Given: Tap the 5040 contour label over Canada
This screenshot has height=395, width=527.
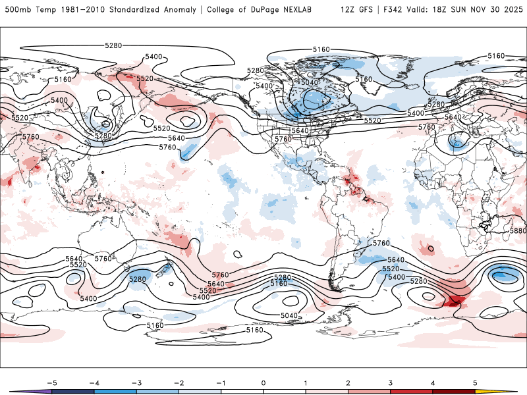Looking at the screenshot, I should [310, 82].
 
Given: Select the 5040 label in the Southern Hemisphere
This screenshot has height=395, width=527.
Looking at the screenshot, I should [289, 315].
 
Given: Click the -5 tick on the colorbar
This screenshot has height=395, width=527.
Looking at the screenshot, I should [52, 382].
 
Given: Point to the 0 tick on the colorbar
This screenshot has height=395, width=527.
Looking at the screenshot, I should [263, 382].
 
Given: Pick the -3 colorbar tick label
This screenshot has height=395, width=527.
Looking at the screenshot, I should [136, 382].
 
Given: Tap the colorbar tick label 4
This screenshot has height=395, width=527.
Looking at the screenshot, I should [433, 382].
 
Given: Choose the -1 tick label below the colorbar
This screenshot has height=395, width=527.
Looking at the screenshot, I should [221, 382].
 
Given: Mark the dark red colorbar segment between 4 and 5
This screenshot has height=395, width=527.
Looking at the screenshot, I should [454, 391].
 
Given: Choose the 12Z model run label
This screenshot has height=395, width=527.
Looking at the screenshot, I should [349, 10].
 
